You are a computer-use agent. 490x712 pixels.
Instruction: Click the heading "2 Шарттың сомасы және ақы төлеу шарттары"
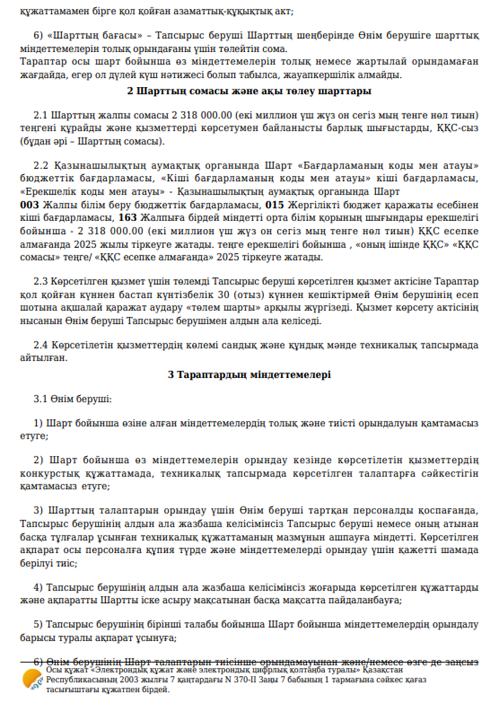pos(249,91)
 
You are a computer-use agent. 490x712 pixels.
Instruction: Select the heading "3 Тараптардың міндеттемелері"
pos(249,375)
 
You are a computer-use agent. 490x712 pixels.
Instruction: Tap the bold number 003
pos(29,205)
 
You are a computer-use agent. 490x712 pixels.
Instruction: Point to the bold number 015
pos(274,205)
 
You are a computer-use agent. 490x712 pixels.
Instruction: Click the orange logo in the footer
pos(31,680)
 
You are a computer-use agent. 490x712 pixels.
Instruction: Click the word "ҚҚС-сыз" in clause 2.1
pos(459,128)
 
